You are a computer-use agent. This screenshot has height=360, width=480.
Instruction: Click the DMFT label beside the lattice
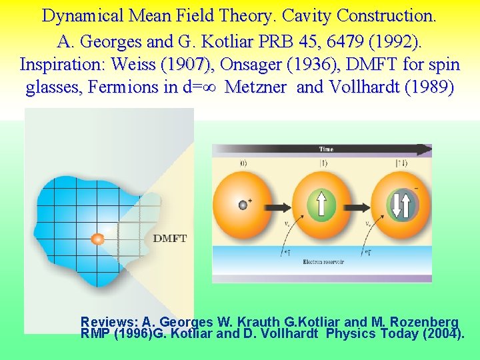click(170, 238)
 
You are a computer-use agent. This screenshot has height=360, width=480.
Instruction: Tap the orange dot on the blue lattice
click(98, 239)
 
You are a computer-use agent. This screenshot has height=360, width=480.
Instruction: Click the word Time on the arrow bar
click(326, 149)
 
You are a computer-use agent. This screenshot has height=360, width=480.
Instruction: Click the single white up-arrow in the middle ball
click(322, 204)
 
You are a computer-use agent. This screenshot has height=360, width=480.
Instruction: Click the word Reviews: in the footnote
click(109, 321)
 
